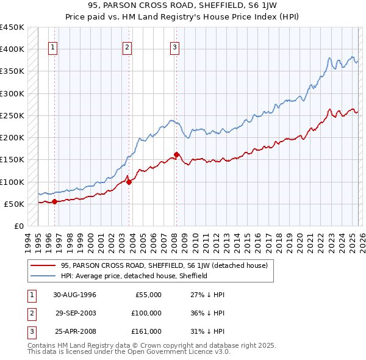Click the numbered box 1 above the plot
point(54,48)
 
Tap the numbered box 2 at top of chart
point(127,48)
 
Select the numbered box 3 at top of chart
point(174,48)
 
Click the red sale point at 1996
point(55,201)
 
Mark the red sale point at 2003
point(129,181)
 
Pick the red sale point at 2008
point(176,154)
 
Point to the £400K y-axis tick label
point(12,49)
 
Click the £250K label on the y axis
point(12,115)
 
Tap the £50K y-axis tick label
point(15,204)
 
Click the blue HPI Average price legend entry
point(134,276)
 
